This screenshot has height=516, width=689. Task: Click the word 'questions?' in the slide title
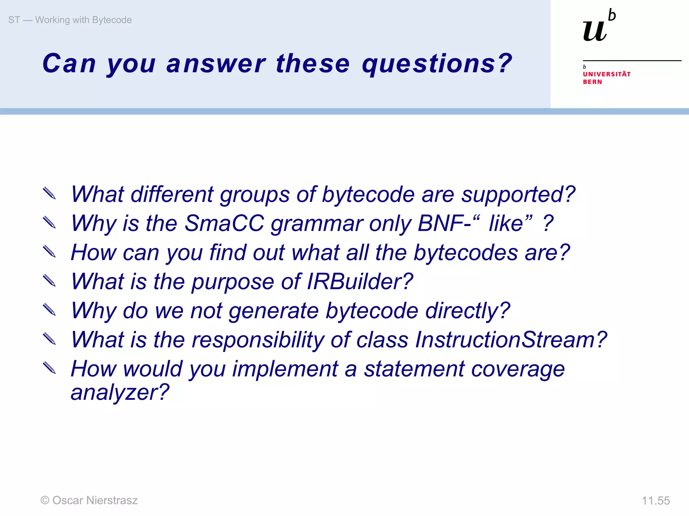pyautogui.click(x=437, y=64)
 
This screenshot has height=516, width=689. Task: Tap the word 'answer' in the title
pyautogui.click(x=216, y=64)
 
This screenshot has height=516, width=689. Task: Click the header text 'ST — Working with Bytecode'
pyautogui.click(x=70, y=20)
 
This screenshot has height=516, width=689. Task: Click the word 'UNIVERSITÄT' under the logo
pyautogui.click(x=607, y=74)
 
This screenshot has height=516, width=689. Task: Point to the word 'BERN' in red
pyautogui.click(x=592, y=82)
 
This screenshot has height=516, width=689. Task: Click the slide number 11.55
pyautogui.click(x=656, y=501)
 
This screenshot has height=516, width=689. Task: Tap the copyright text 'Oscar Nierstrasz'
pyautogui.click(x=95, y=501)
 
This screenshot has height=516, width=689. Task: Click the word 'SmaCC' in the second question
pyautogui.click(x=224, y=223)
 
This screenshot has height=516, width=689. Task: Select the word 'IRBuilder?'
pyautogui.click(x=360, y=282)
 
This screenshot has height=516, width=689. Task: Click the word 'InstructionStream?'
pyautogui.click(x=511, y=340)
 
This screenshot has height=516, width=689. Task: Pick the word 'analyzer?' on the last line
pyautogui.click(x=120, y=392)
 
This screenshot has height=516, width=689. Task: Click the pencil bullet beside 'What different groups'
pyautogui.click(x=49, y=193)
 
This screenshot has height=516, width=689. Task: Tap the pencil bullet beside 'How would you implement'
pyautogui.click(x=49, y=368)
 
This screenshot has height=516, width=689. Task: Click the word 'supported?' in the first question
pyautogui.click(x=518, y=195)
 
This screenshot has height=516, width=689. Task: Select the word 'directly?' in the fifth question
pyautogui.click(x=468, y=311)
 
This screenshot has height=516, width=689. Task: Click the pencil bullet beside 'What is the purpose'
pyautogui.click(x=49, y=281)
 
